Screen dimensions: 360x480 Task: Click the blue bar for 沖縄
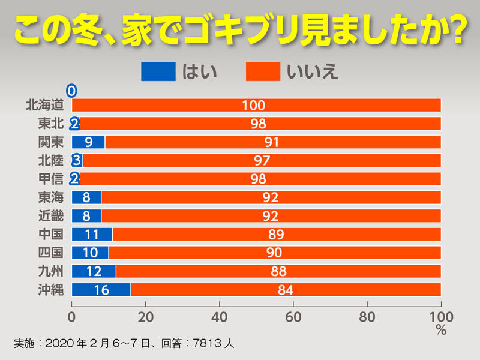tap(101, 290)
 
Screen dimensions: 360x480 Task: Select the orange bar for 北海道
tap(257, 106)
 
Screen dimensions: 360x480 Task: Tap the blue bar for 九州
tap(94, 271)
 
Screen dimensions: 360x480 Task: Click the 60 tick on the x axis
tap(293, 315)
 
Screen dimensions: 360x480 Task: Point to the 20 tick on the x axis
tap(146, 315)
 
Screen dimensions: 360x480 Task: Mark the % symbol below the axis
tap(441, 329)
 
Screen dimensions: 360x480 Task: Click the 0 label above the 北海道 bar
tap(71, 91)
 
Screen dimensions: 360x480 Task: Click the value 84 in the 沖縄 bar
tap(285, 290)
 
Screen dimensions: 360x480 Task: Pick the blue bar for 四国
tap(90, 253)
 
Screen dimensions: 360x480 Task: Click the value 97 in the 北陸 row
tap(262, 161)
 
